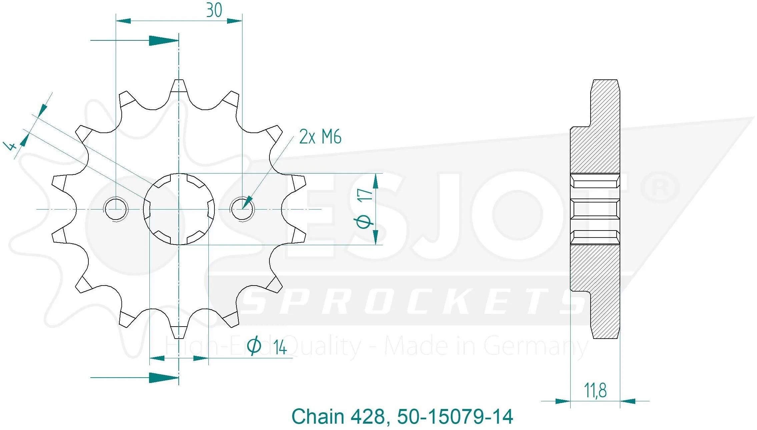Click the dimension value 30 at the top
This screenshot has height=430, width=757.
point(214,10)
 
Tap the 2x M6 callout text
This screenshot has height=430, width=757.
point(320,136)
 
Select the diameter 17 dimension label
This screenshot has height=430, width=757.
point(364,209)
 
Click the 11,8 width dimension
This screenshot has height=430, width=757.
point(595,390)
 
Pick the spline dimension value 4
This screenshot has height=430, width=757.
point(10,146)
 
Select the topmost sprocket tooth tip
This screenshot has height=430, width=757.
point(179,80)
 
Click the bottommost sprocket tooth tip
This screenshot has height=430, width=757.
point(179,338)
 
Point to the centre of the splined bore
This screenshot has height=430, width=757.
point(179,209)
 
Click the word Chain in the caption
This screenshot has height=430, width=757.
point(318,417)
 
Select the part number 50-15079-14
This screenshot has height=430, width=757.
point(455,417)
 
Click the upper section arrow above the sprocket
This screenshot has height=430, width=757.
point(135,41)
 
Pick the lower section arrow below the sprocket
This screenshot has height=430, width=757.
point(135,378)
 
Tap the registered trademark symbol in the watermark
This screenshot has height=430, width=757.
point(661,189)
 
